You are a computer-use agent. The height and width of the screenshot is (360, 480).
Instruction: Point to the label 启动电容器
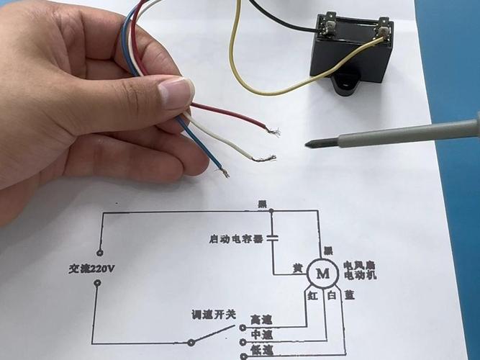click(x=232, y=238)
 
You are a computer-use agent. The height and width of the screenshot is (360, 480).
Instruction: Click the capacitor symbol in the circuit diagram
click(x=271, y=238)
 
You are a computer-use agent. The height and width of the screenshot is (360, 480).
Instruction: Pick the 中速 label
click(x=261, y=335)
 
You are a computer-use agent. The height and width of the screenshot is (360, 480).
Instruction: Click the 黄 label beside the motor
click(x=296, y=268)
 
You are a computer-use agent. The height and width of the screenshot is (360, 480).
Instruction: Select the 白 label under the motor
click(x=332, y=295)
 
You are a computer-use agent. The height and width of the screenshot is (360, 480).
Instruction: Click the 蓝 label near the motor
click(x=350, y=295)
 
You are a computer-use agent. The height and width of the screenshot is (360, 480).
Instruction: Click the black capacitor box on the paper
click(x=351, y=54)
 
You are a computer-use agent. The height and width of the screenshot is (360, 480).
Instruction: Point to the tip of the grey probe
click(x=309, y=144)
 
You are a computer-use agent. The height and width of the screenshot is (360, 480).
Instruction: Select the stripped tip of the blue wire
click(x=225, y=173)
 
